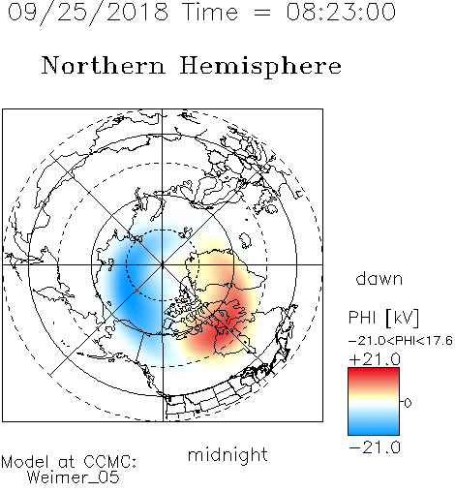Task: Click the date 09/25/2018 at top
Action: (88, 13)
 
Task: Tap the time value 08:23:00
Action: (341, 12)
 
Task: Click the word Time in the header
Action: (210, 12)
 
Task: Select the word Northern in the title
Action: (104, 65)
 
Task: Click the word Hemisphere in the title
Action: (260, 67)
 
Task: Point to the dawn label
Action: (379, 278)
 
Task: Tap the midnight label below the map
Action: (227, 454)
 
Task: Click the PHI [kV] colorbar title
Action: (383, 318)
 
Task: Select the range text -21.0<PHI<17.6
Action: (400, 341)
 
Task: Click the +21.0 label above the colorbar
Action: (375, 359)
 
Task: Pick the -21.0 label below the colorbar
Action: (375, 447)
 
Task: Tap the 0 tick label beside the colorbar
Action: (408, 403)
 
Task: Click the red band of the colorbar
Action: (374, 375)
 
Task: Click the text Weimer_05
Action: (73, 477)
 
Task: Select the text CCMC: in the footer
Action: (110, 462)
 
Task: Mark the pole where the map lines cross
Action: (162, 264)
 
